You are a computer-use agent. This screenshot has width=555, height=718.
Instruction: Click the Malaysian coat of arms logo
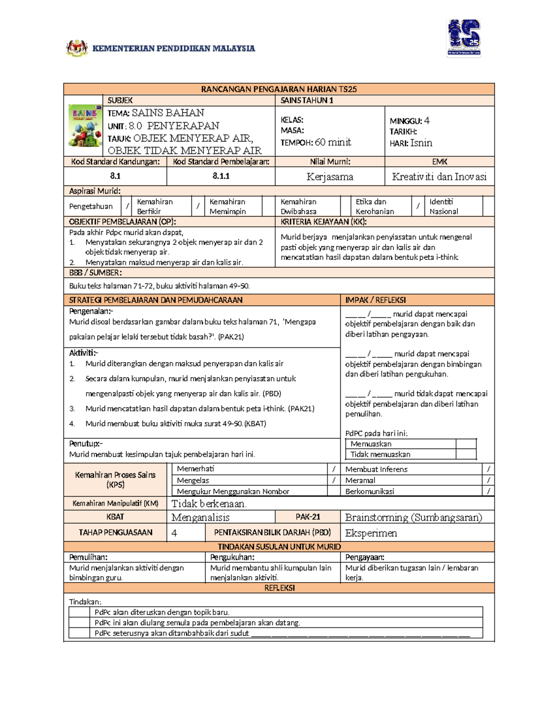(x=77, y=48)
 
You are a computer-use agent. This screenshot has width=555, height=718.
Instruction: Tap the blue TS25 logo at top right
(x=464, y=38)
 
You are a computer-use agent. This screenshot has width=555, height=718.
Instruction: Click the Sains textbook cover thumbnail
(x=85, y=126)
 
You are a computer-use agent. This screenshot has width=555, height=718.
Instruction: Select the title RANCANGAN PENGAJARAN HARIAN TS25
(x=279, y=89)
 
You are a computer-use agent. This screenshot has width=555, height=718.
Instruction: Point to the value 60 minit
(x=333, y=142)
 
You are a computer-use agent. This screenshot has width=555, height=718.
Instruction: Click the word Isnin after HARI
(x=421, y=143)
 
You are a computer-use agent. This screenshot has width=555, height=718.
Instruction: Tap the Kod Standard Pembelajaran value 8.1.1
(x=221, y=176)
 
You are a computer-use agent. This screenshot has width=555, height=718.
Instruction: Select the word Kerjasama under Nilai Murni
(x=330, y=177)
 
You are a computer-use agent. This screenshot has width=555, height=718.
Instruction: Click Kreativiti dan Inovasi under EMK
(x=439, y=177)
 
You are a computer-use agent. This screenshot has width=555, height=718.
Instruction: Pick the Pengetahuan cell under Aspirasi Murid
(x=91, y=206)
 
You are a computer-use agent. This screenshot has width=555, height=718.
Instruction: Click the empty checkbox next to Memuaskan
(x=466, y=444)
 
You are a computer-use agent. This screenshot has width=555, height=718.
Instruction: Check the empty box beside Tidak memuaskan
(x=466, y=454)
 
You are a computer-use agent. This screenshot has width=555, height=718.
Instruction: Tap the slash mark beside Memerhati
(x=334, y=469)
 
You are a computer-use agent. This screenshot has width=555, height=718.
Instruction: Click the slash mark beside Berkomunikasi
(x=488, y=491)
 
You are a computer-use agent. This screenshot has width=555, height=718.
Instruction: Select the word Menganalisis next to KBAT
(x=200, y=517)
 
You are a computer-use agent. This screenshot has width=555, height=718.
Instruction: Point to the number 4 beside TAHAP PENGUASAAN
(x=174, y=533)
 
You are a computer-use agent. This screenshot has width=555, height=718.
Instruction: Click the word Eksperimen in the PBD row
(x=371, y=533)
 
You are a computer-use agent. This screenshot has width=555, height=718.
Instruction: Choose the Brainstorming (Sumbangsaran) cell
(x=413, y=517)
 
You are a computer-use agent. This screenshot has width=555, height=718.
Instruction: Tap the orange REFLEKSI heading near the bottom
(x=279, y=588)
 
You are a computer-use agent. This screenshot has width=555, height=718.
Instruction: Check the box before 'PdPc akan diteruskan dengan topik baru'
(x=79, y=612)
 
